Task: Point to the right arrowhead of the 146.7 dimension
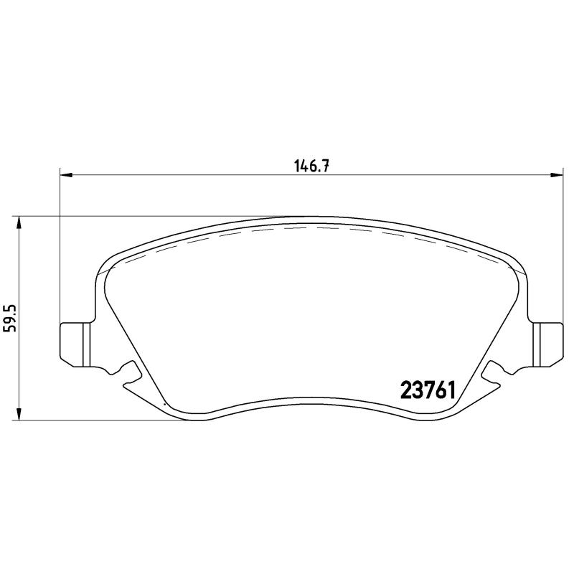557,174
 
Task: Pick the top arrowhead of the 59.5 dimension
19,223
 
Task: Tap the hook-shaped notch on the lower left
129,372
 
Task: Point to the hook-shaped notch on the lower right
493,372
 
